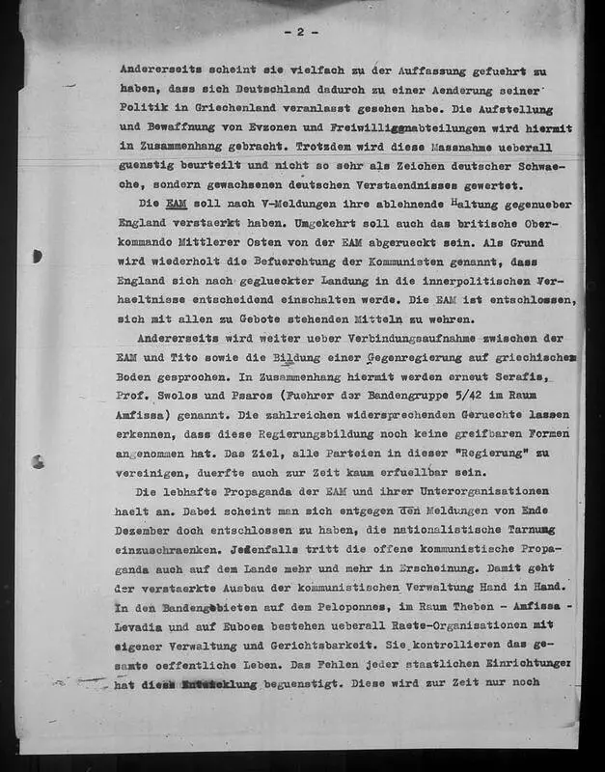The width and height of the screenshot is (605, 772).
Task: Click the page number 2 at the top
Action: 300,33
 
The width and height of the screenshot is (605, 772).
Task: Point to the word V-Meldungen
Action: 279,204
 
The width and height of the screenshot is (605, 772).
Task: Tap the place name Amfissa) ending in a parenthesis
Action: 146,415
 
